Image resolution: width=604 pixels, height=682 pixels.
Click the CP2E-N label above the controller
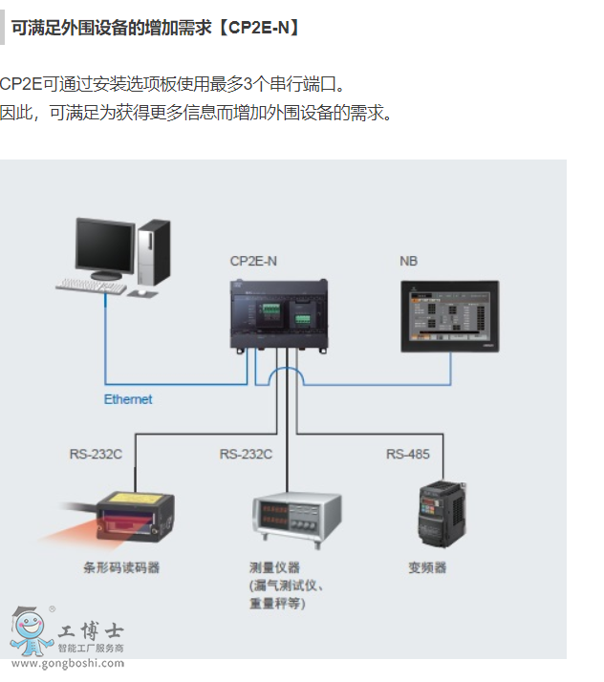coord(253,261)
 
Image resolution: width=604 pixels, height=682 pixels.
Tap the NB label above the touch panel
coord(408,261)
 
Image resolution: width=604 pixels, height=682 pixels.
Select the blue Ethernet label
coord(128,399)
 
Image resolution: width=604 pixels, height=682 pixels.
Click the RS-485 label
coord(408,454)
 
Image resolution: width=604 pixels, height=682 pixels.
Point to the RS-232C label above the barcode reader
coord(96,454)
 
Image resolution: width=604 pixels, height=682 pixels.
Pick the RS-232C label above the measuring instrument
coord(246,454)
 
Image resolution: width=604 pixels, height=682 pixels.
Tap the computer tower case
coord(153,253)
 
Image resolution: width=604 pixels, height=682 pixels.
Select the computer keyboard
coord(92,285)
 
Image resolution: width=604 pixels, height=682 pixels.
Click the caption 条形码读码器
coord(121,567)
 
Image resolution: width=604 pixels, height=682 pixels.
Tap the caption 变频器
coord(427,567)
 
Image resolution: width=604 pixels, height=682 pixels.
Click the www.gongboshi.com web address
coord(67,663)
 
